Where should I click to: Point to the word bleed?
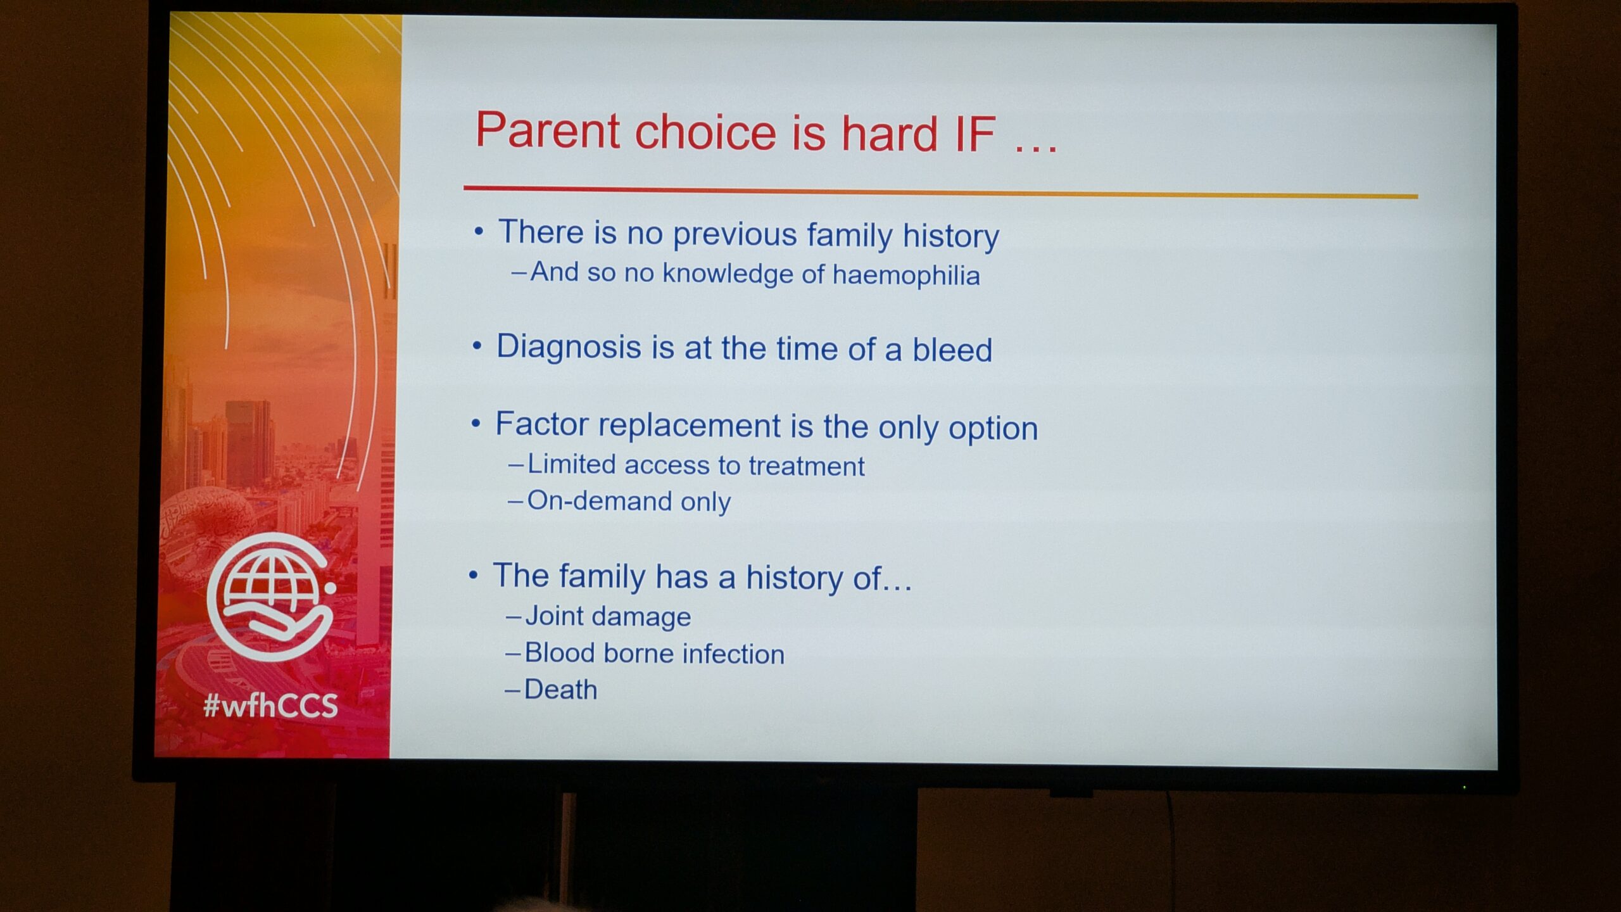click(952, 350)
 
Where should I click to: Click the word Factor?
click(541, 424)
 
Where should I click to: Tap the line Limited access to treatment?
click(695, 465)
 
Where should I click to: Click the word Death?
click(560, 689)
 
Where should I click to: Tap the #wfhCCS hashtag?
click(270, 706)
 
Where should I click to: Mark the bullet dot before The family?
click(473, 575)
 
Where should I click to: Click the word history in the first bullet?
click(951, 236)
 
